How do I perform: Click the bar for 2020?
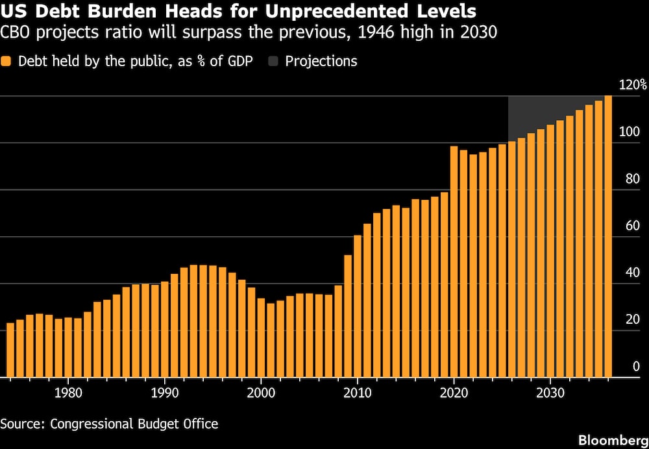point(454,261)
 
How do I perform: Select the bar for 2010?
point(358,306)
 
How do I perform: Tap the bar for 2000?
point(261,337)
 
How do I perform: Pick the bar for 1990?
point(165,330)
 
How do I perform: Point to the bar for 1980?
point(68,348)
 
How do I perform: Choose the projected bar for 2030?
point(550,251)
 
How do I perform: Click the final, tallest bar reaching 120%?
point(609,236)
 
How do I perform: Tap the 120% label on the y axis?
point(632,85)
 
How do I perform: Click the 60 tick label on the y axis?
point(632,226)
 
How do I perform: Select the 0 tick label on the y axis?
point(636,367)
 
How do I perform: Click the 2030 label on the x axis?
point(550,393)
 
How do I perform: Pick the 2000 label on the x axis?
point(261,393)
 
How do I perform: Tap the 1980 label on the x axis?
point(68,393)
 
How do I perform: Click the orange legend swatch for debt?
point(6,62)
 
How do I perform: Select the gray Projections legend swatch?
point(273,62)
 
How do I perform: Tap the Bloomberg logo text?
point(613,440)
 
